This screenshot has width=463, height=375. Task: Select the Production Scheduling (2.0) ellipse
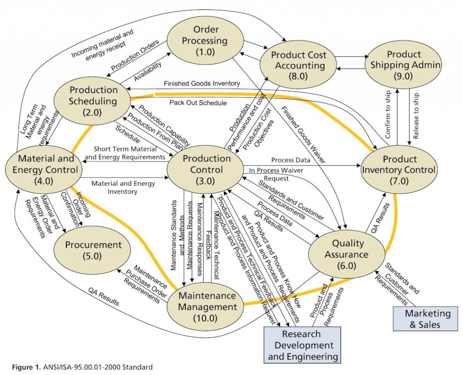[93, 100]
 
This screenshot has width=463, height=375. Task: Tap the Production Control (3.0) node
[206, 169]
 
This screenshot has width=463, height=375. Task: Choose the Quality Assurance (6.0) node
[347, 253]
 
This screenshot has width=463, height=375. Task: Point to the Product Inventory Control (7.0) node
[399, 170]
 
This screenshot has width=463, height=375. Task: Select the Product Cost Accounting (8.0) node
[298, 65]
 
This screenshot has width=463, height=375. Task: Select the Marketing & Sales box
[421, 319]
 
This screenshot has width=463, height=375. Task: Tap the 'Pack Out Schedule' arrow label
[198, 103]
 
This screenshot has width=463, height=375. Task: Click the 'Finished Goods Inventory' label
[202, 84]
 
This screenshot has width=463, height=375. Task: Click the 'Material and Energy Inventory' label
[123, 187]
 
